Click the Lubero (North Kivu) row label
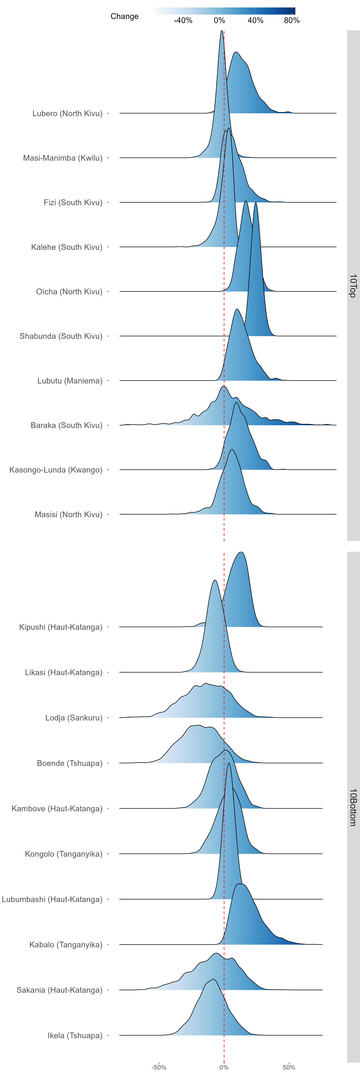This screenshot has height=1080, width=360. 67,114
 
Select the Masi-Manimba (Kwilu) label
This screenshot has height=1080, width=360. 63,158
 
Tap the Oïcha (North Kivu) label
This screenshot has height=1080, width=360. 69,292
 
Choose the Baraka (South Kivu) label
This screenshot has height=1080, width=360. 67,426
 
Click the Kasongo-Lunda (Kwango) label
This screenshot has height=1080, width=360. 56,470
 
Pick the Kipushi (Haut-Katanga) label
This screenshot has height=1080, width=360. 61,627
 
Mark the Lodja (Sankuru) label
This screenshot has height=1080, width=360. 74,718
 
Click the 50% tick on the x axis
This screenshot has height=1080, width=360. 289,1067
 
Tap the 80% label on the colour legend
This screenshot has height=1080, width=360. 292,21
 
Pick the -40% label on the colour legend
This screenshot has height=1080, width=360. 183,21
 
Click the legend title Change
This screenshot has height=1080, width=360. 124,16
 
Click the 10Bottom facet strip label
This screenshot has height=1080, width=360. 353,807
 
